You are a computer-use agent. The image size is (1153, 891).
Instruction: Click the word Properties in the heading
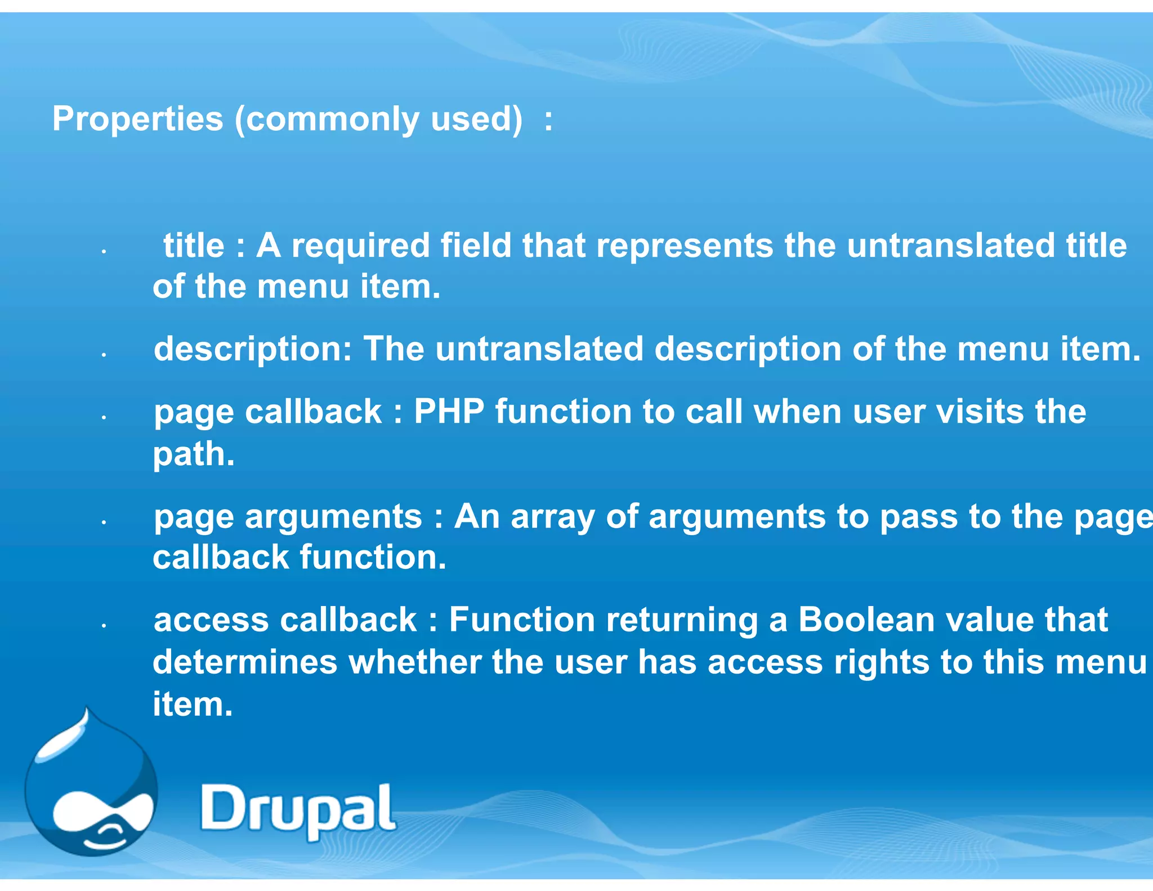click(137, 119)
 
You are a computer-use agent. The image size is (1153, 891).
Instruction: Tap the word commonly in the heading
click(332, 119)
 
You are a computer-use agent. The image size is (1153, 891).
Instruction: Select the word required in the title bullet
click(361, 246)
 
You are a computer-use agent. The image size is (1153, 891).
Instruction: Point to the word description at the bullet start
click(253, 350)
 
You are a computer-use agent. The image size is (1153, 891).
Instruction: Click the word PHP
click(449, 412)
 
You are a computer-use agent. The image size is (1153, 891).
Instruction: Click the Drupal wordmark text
click(298, 809)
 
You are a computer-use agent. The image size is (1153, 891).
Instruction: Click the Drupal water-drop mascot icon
click(91, 788)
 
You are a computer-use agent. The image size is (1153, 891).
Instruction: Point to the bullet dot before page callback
click(104, 418)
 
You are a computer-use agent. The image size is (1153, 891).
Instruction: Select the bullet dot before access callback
click(104, 626)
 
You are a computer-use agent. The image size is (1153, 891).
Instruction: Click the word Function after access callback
click(522, 620)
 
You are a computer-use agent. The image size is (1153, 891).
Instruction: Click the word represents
click(685, 246)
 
